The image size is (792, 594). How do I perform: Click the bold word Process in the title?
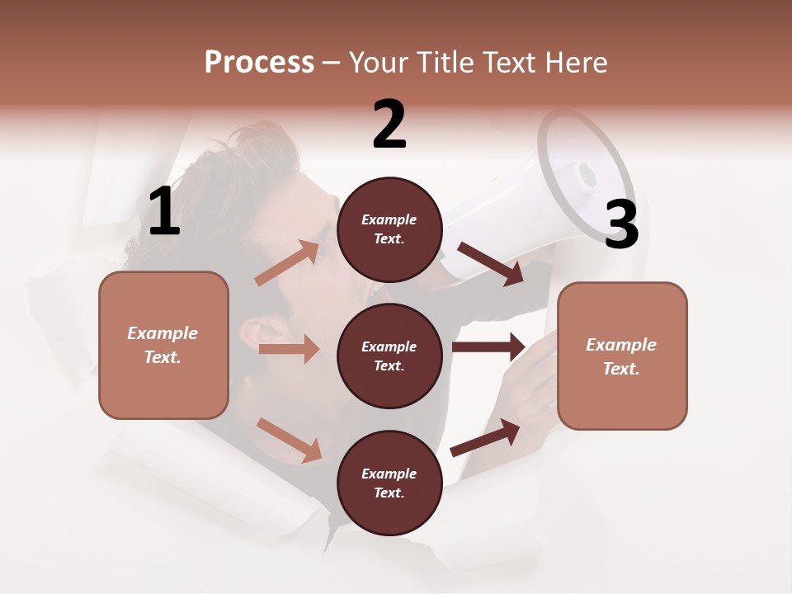point(259,63)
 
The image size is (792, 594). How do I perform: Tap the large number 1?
point(164,212)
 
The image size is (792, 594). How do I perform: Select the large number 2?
point(389,125)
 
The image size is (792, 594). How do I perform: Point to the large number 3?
point(621,225)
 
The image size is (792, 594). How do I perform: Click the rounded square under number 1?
point(163,345)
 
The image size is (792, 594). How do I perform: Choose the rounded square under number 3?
point(622,356)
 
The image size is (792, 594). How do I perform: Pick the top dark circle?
point(389,229)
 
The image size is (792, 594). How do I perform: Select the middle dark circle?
point(389,356)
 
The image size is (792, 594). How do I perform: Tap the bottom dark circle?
point(389,483)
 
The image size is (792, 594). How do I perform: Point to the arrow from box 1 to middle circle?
point(289,349)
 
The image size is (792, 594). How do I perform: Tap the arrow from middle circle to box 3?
point(488,347)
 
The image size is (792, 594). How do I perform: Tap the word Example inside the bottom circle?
point(389,474)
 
